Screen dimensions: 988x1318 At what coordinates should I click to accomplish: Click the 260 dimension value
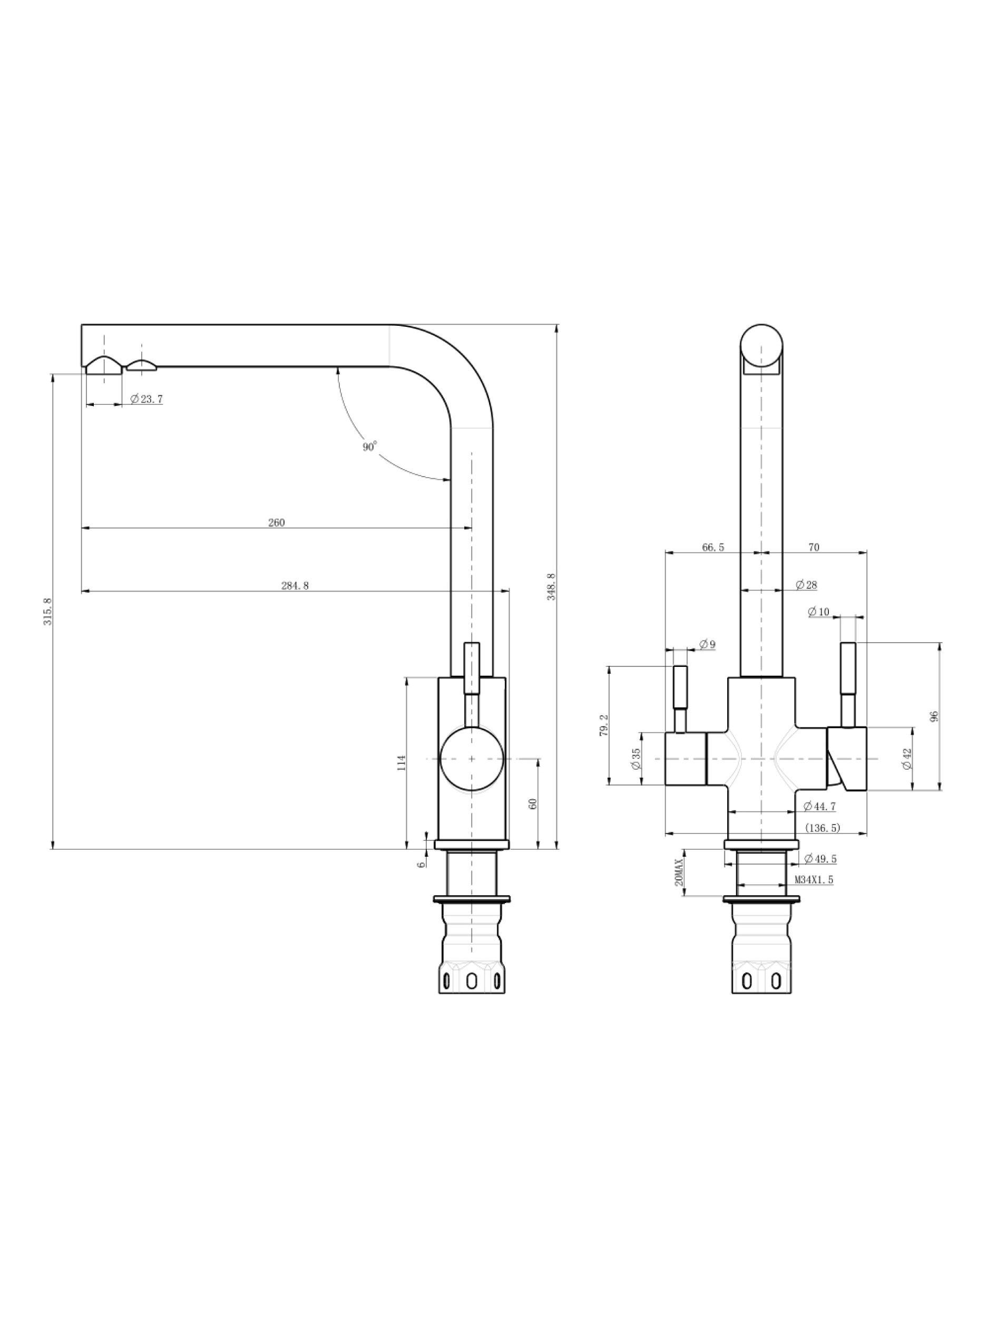pyautogui.click(x=276, y=523)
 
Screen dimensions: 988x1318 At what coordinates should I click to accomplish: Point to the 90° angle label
pyautogui.click(x=370, y=447)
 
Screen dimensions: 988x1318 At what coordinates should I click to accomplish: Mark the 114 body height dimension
pyautogui.click(x=402, y=763)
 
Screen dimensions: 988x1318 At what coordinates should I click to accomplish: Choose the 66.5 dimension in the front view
pyautogui.click(x=713, y=548)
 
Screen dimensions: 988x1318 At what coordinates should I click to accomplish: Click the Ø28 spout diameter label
pyautogui.click(x=806, y=585)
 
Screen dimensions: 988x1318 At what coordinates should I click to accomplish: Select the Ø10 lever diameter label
pyautogui.click(x=819, y=612)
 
